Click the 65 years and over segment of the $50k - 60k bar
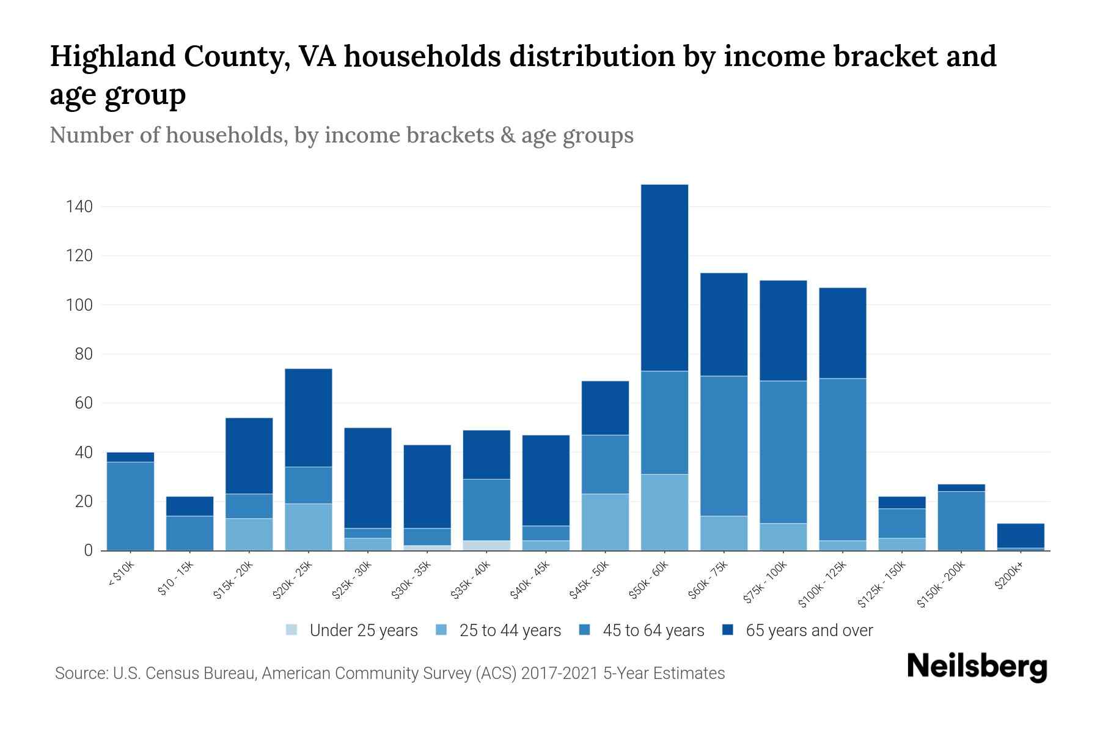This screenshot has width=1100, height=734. point(664,277)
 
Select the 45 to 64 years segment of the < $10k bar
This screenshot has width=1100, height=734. point(130,506)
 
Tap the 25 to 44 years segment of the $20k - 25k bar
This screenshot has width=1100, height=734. point(309,527)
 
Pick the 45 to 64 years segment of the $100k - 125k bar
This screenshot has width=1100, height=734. point(842,459)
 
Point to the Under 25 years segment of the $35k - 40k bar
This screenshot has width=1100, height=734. point(486,545)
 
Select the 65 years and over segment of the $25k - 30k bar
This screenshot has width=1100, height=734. point(368,477)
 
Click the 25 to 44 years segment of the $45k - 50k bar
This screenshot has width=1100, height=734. point(605,522)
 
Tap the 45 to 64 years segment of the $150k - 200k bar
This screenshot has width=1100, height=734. point(961,520)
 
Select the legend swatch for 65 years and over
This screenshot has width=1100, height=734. point(728,630)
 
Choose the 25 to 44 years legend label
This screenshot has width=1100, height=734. point(510,631)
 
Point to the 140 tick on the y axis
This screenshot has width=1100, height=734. point(79,207)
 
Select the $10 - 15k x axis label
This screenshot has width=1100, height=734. point(176,579)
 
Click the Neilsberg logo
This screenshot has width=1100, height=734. point(977,667)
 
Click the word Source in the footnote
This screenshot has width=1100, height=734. point(81,673)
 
